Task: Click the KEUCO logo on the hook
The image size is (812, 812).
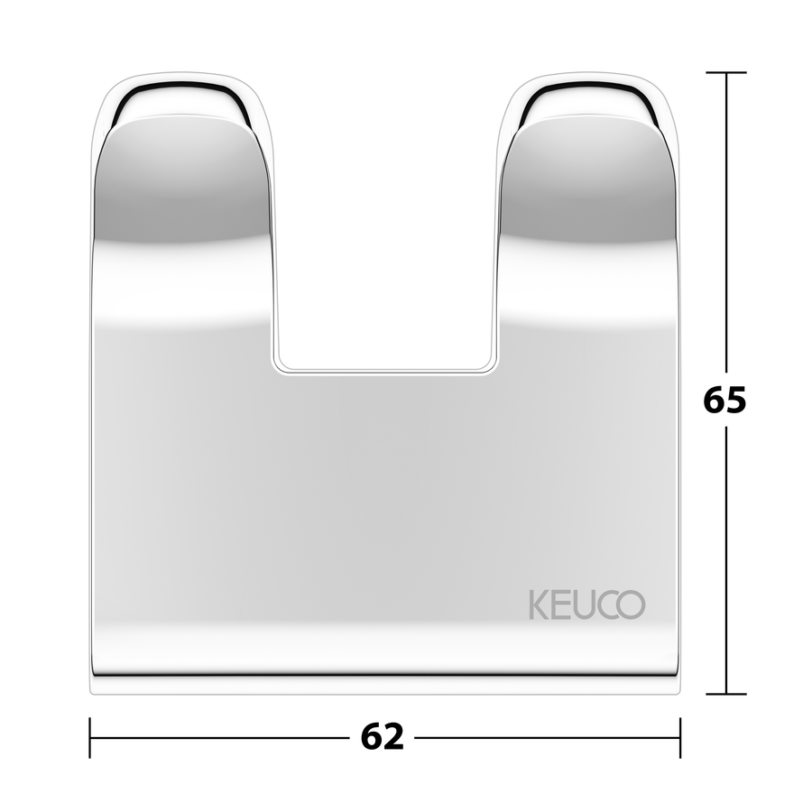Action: click(x=587, y=604)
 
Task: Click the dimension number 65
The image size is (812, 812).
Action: click(x=724, y=400)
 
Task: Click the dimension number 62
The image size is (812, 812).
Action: click(x=383, y=736)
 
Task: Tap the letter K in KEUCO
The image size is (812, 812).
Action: click(x=539, y=604)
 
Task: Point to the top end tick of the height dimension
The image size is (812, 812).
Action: click(x=726, y=72)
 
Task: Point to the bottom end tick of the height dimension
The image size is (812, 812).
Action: click(x=726, y=694)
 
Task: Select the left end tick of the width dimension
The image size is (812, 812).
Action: click(x=90, y=737)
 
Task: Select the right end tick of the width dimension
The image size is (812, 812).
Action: click(x=680, y=737)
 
